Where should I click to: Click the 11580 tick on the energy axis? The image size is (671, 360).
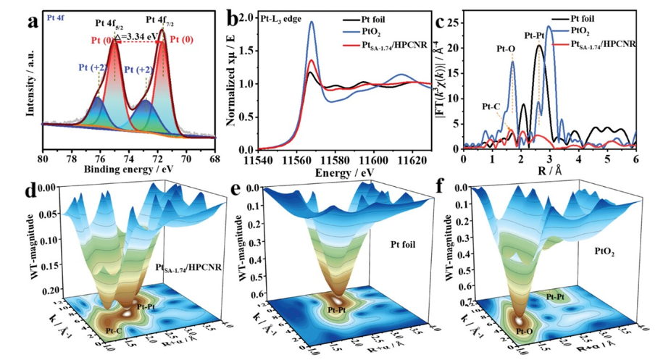click(x=330, y=159)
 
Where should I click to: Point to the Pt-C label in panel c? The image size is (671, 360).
click(x=494, y=106)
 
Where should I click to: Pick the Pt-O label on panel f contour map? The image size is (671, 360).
click(x=526, y=330)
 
